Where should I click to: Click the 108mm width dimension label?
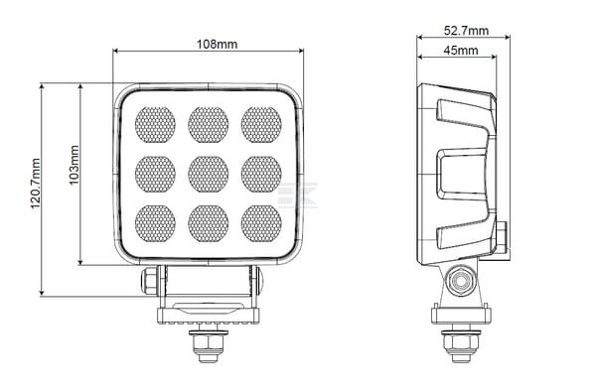pos(217,45)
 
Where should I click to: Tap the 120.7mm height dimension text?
pos(35,184)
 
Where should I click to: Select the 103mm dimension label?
pos(74,165)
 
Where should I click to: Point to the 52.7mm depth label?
pos(466,31)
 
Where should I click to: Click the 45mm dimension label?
pos(461,50)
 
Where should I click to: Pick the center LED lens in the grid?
pos(209,175)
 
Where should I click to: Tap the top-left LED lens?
pos(155,125)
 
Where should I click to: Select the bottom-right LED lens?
pos(261,224)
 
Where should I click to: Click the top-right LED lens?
pos(261,125)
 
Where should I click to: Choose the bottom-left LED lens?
pos(155,224)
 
